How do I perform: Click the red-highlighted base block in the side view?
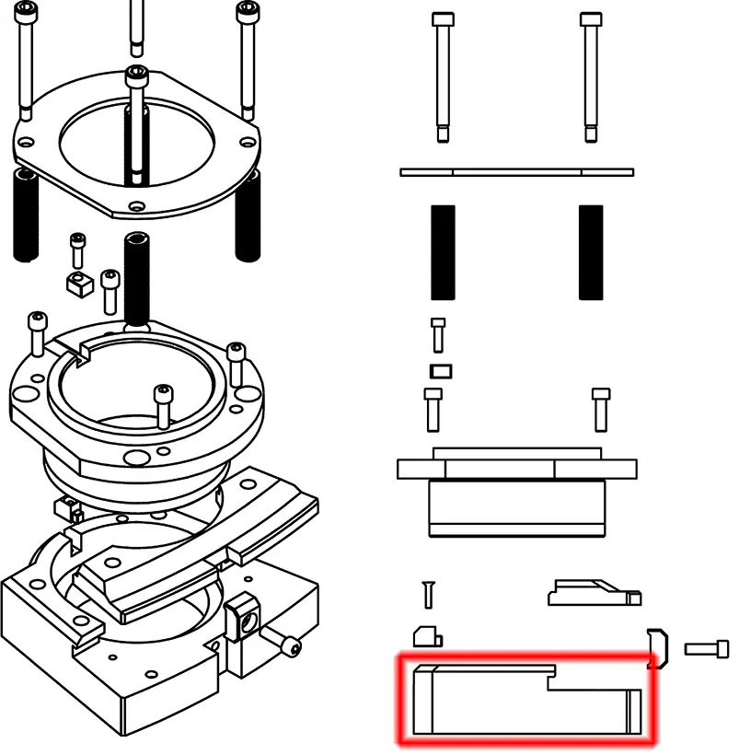click(525, 704)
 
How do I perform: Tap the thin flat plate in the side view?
click(516, 172)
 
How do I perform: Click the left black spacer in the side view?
click(443, 252)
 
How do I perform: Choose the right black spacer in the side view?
click(591, 252)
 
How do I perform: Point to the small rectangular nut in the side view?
click(441, 371)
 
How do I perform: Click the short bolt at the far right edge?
click(707, 649)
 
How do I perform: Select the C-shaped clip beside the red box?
click(657, 647)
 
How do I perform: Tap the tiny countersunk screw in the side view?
click(427, 594)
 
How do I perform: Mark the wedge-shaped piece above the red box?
click(593, 593)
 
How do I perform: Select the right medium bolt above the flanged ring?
click(600, 409)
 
